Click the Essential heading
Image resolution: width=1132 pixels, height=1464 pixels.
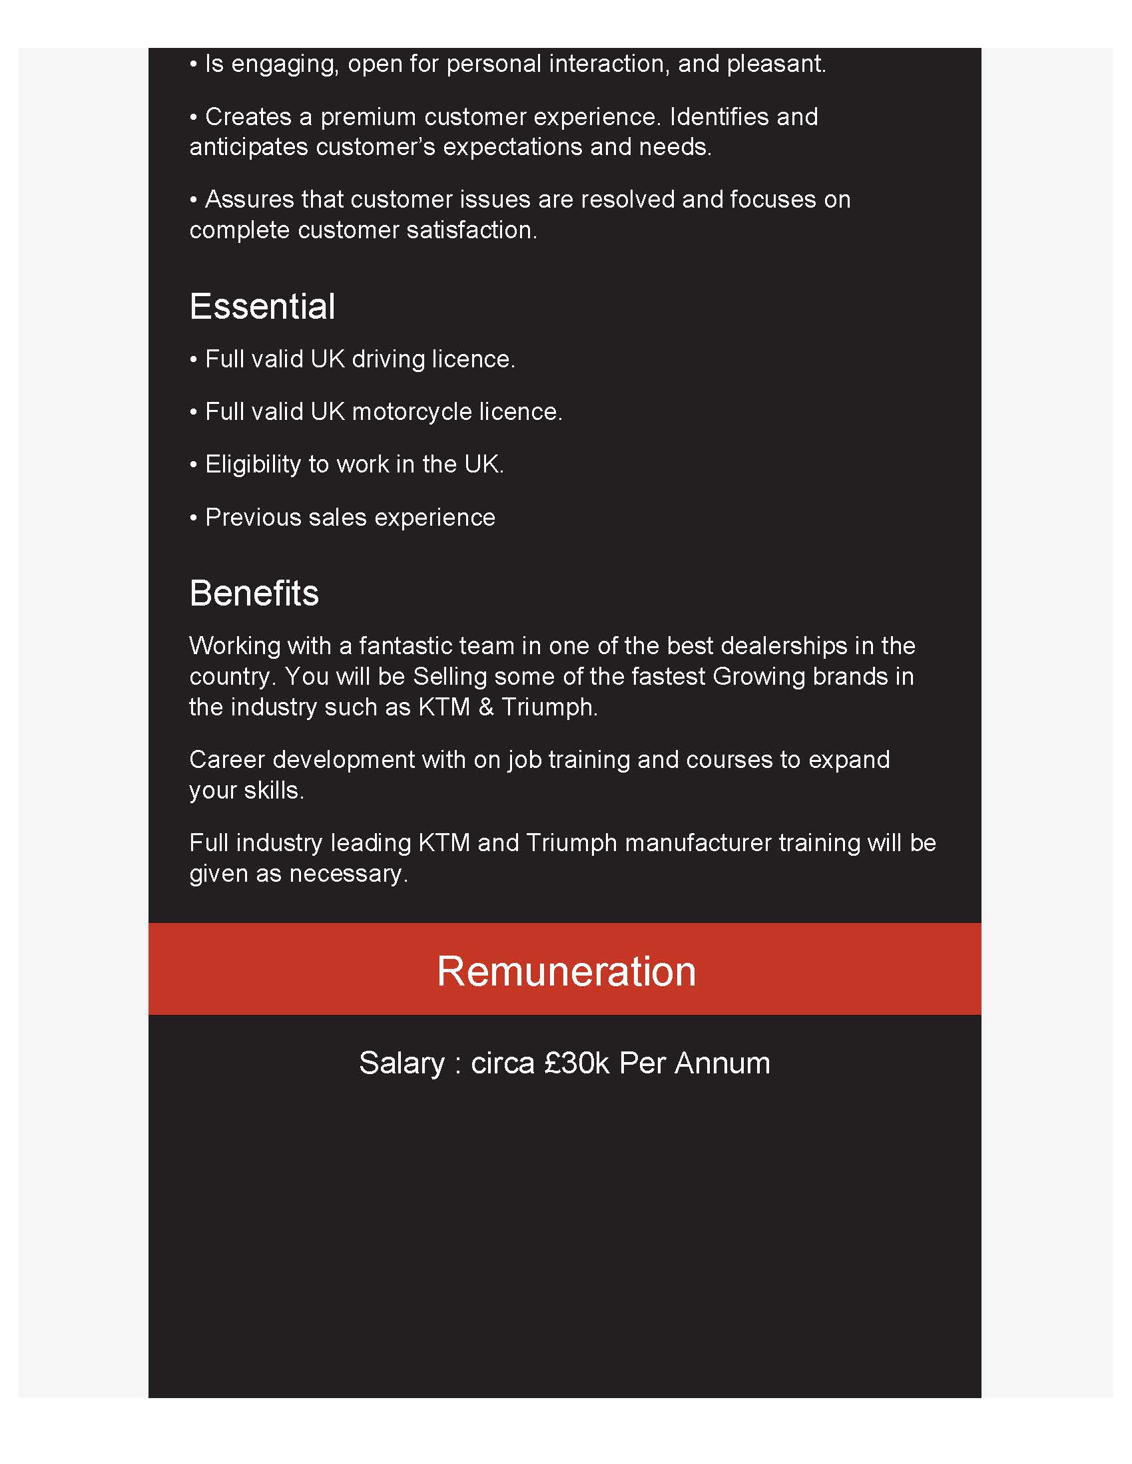[262, 307]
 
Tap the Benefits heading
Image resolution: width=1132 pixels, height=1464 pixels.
[254, 594]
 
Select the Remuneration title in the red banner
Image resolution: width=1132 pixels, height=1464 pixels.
[566, 972]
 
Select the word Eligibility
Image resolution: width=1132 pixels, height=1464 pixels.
[253, 464]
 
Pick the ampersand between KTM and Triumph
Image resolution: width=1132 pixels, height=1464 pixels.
[486, 707]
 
